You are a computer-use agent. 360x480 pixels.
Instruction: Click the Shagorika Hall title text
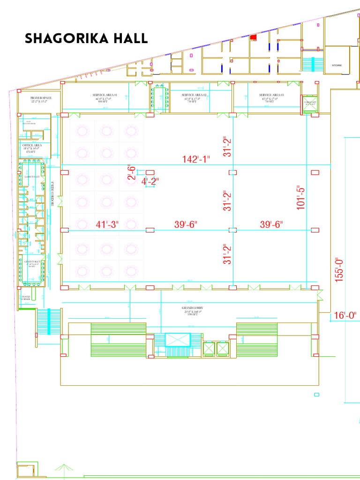coord(86,38)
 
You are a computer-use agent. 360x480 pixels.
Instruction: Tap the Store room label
coord(337,65)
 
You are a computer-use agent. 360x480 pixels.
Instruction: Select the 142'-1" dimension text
coord(196,159)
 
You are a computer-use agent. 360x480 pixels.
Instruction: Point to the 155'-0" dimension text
coord(339,268)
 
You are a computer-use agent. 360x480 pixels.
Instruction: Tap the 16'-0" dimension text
coord(345,315)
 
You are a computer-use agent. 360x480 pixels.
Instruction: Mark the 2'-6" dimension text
coord(132,172)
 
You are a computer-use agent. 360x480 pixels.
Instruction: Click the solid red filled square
coord(253,37)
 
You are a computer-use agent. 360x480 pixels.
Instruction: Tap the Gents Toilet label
coord(32,262)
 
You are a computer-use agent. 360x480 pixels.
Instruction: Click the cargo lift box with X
coord(310,105)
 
